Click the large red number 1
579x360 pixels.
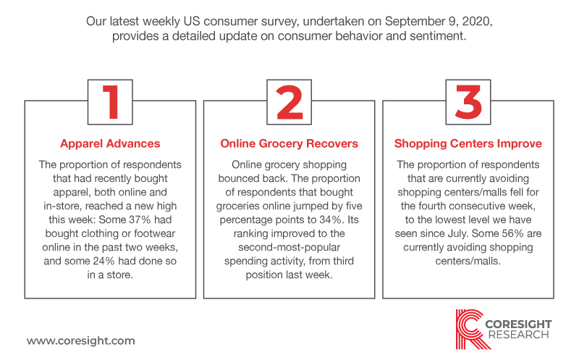click(111, 102)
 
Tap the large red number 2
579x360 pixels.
click(289, 102)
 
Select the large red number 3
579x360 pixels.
click(468, 102)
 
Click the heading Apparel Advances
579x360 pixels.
click(110, 143)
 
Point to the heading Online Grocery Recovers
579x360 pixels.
click(289, 143)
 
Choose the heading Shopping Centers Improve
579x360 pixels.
click(468, 143)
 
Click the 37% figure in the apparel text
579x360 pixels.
click(140, 219)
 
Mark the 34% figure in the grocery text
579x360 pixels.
click(330, 219)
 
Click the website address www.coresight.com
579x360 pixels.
click(81, 340)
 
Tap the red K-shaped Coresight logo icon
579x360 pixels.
click(472, 330)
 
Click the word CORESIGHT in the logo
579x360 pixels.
click(518, 325)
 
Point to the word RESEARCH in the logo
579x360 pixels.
click(518, 335)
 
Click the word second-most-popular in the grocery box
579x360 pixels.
click(289, 247)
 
